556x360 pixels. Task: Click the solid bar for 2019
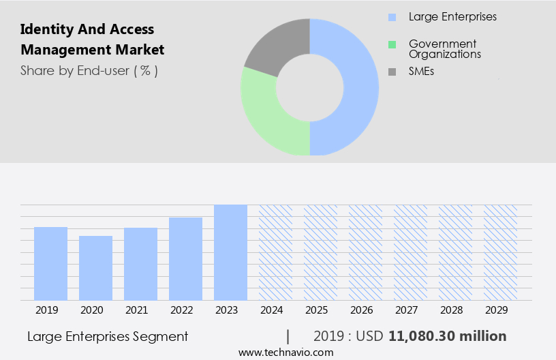click(51, 263)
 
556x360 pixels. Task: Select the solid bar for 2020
click(96, 268)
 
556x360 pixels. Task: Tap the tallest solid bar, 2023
click(230, 252)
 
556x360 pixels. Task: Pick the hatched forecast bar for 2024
click(275, 252)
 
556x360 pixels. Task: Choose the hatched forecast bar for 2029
click(500, 252)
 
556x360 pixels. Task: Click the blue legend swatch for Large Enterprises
click(392, 16)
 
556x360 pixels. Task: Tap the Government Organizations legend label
click(445, 48)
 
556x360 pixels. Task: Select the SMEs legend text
click(421, 71)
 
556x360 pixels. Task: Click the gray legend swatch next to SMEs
click(392, 71)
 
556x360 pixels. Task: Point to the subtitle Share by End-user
click(89, 70)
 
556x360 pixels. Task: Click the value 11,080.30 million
click(447, 336)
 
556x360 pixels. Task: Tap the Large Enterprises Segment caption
click(108, 336)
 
